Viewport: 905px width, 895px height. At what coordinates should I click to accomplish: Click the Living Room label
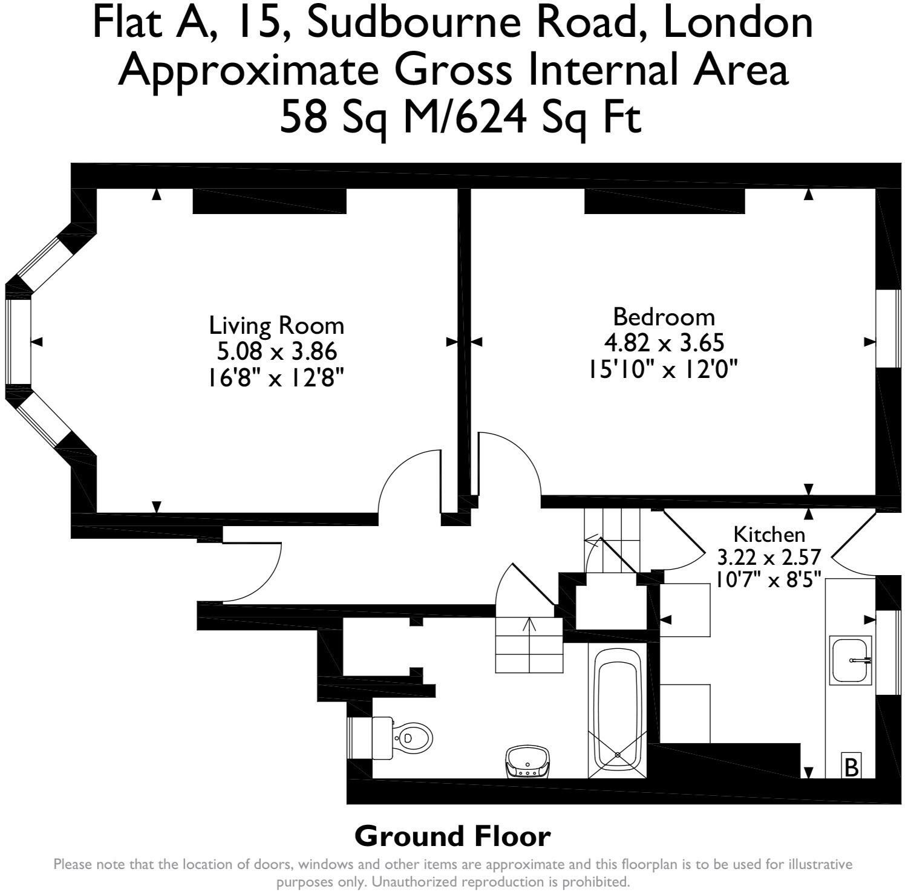[x=276, y=325]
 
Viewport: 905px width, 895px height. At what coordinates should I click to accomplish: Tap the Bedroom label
[x=664, y=317]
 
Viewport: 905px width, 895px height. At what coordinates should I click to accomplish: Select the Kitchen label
[x=769, y=534]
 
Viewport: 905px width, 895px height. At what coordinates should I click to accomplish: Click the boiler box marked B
[x=851, y=767]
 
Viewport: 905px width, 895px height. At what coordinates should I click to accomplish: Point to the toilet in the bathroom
[x=403, y=737]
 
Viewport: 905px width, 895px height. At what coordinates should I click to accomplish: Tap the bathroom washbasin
[x=528, y=762]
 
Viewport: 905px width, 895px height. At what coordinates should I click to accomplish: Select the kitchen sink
[x=850, y=660]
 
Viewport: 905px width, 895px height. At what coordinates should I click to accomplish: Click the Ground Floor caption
[x=452, y=836]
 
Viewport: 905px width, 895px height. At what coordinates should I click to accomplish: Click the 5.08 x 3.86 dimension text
[x=276, y=351]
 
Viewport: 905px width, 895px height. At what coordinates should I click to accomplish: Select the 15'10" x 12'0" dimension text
[x=664, y=369]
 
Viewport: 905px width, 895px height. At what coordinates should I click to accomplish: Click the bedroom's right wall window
[x=888, y=328]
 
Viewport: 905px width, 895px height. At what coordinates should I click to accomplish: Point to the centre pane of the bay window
[x=18, y=342]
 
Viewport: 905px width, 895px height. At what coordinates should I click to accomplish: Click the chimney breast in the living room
[x=269, y=201]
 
